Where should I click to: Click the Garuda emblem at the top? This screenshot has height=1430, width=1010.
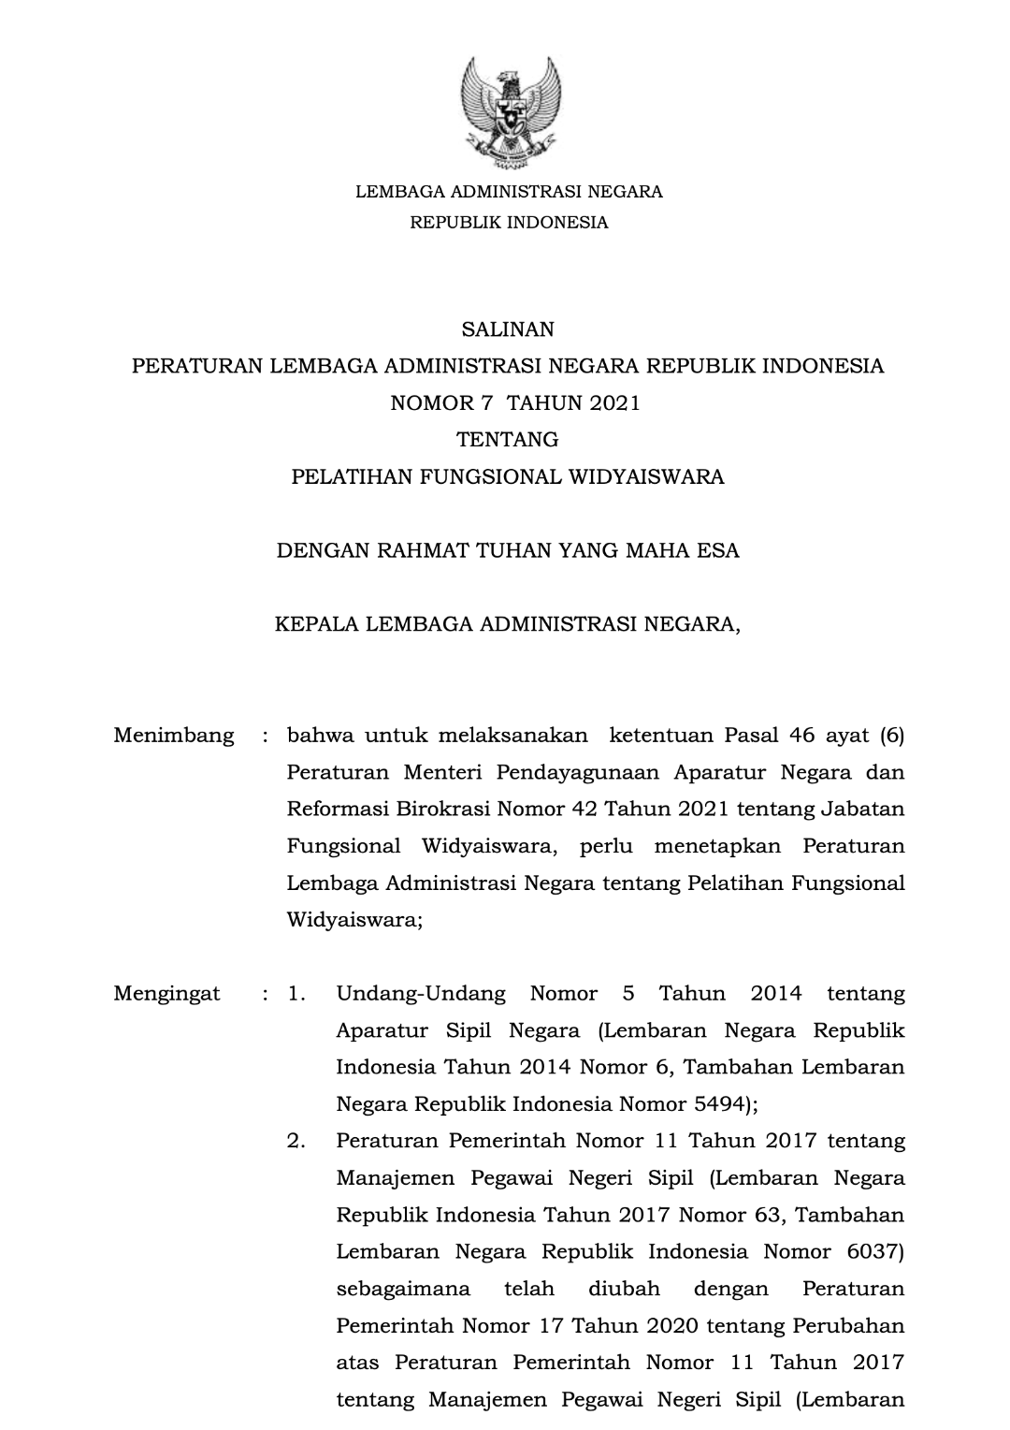tap(510, 115)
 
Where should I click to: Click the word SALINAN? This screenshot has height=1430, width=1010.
tap(508, 329)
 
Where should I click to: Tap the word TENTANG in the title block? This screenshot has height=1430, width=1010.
tap(507, 440)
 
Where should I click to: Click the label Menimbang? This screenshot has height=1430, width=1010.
tap(174, 736)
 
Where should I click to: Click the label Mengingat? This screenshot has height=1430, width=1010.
tap(167, 994)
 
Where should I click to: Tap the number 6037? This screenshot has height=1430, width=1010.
tap(872, 1252)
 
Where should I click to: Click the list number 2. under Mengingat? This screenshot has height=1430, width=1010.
tap(296, 1142)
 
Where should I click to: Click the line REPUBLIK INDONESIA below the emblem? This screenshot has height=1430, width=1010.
tap(509, 223)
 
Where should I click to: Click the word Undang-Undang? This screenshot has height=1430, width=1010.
tap(421, 994)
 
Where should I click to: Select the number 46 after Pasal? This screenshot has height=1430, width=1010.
tap(802, 736)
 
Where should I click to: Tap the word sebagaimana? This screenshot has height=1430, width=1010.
tap(403, 1290)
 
